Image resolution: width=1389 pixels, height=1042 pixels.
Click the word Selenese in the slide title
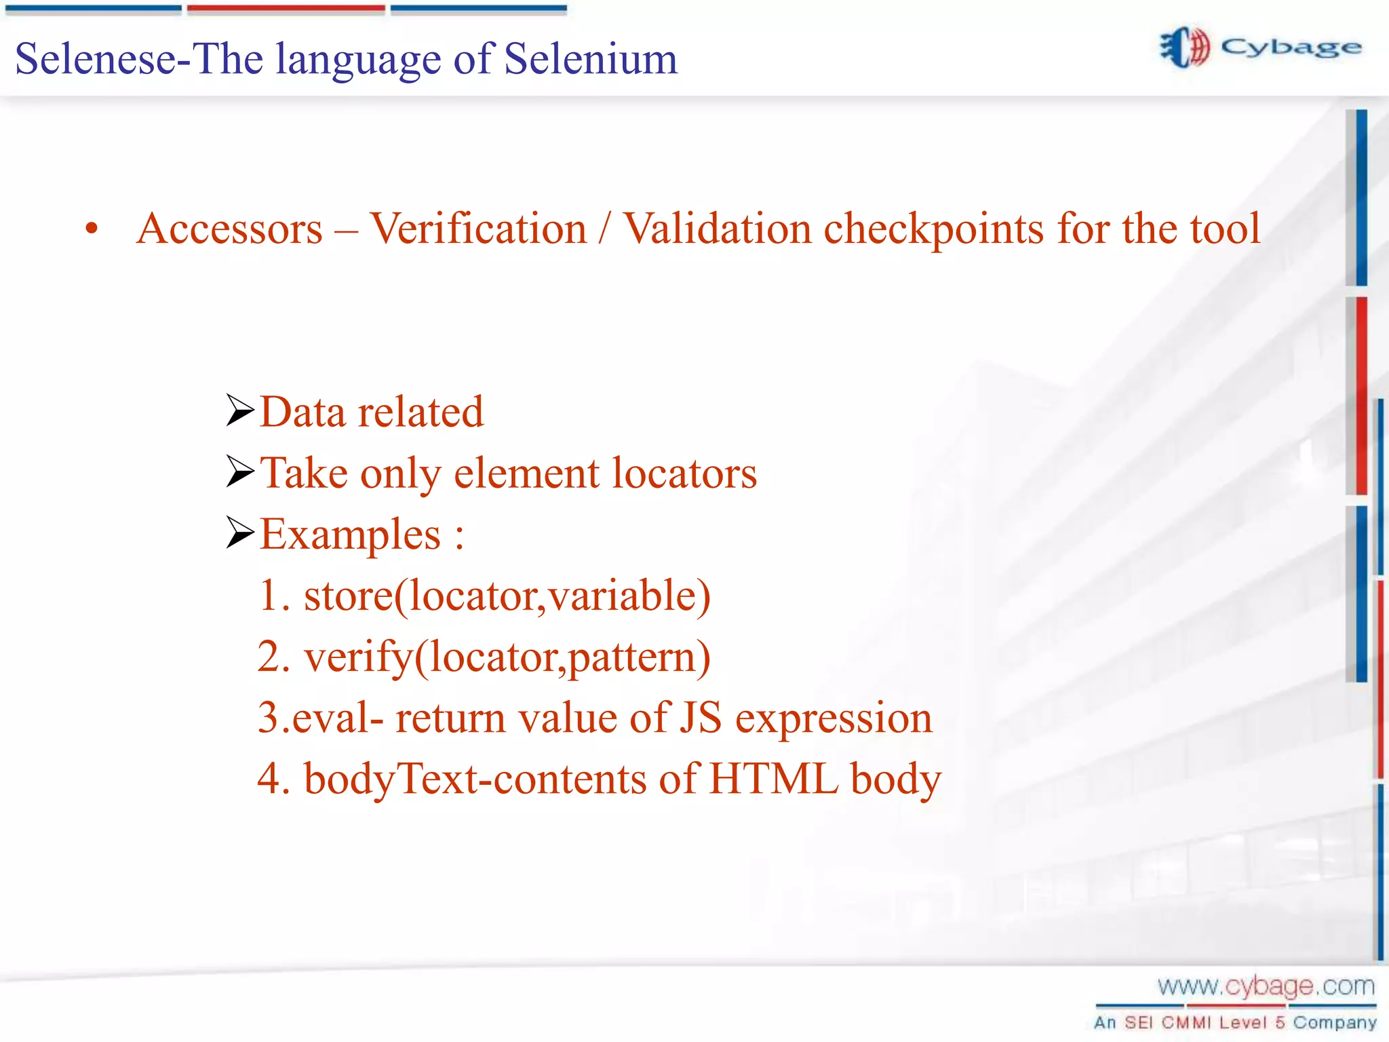(95, 59)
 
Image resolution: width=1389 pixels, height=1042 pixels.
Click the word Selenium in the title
(590, 59)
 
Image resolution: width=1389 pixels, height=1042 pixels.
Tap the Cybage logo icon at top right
(1184, 47)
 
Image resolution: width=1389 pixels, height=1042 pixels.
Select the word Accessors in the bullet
(229, 229)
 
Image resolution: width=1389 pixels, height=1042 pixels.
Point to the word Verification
(478, 229)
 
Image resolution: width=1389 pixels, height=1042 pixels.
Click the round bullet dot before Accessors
(92, 229)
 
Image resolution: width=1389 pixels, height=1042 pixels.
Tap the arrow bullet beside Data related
(239, 410)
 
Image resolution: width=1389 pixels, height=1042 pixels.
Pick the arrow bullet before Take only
(239, 471)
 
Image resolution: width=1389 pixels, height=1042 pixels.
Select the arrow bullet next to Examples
(239, 533)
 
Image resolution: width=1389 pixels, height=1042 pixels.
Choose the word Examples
(351, 535)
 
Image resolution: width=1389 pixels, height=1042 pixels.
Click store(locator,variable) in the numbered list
(507, 596)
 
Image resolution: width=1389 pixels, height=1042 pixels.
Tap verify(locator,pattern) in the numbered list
(507, 657)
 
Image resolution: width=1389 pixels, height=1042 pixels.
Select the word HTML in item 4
(773, 779)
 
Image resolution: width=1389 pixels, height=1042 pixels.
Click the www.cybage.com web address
(1266, 986)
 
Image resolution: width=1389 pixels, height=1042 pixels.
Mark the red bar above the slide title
(286, 9)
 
